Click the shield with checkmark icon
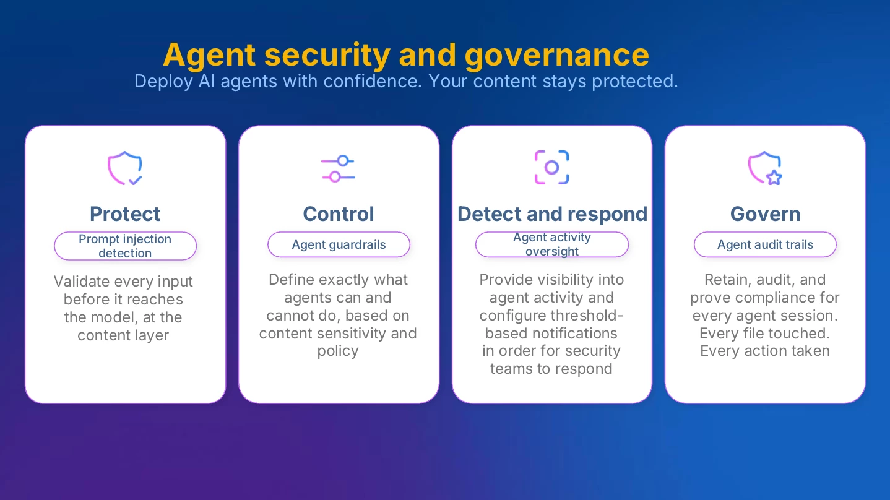125,168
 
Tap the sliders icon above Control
338,169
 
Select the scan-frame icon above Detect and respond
551,168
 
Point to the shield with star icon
765,168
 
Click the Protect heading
125,214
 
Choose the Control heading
339,214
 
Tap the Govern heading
765,214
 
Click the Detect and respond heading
552,214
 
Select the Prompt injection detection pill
125,246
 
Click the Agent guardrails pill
339,244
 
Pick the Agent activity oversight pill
552,244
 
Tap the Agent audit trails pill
765,244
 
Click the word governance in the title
556,56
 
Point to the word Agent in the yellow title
209,56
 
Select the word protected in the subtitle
634,82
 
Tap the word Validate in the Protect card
82,282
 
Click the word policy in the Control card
338,351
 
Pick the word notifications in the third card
551,334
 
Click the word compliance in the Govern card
784,298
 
